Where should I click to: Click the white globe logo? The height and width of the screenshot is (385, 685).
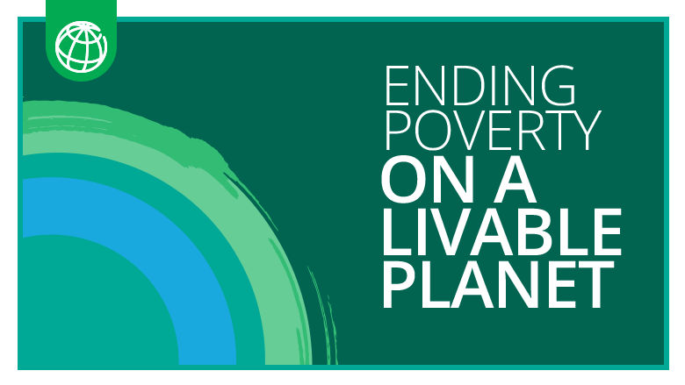82,45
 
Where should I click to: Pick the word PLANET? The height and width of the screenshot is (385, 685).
496,282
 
